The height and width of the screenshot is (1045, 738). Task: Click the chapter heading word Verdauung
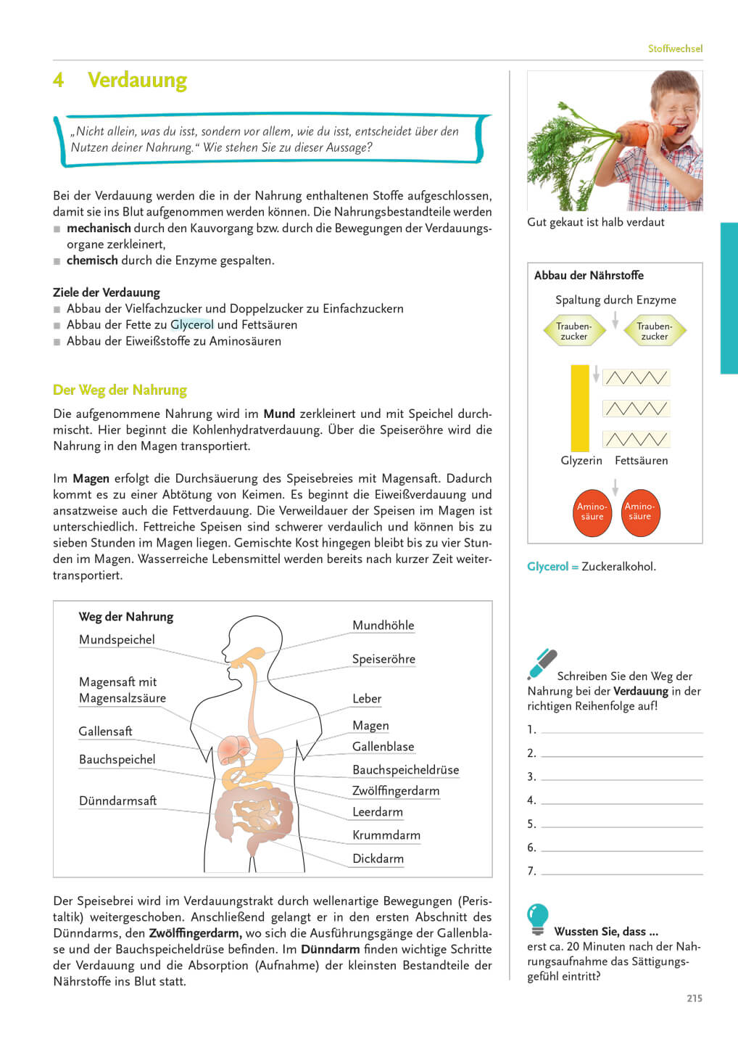click(x=137, y=80)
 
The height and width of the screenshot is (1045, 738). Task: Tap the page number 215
click(x=694, y=999)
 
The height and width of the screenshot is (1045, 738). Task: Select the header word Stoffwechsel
click(x=675, y=49)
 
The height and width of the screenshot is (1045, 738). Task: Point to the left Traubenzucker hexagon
click(x=573, y=331)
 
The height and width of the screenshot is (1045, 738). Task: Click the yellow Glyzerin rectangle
click(x=580, y=408)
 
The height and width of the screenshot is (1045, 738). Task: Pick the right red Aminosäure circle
click(x=639, y=512)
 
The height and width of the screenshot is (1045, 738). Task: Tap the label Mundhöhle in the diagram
click(x=383, y=626)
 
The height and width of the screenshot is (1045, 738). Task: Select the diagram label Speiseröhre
click(x=383, y=659)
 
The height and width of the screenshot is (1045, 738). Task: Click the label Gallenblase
click(x=383, y=747)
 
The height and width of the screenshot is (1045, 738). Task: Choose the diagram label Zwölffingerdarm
click(x=396, y=791)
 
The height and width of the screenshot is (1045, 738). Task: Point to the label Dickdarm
click(x=378, y=858)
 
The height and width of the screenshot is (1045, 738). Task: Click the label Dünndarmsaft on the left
click(x=117, y=800)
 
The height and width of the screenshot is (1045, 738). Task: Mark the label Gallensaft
click(x=105, y=731)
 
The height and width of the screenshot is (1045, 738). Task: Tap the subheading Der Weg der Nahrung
click(x=120, y=390)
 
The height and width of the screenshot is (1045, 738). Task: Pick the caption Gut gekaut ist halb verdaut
click(x=595, y=222)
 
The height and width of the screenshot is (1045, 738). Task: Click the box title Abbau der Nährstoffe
click(x=589, y=275)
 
